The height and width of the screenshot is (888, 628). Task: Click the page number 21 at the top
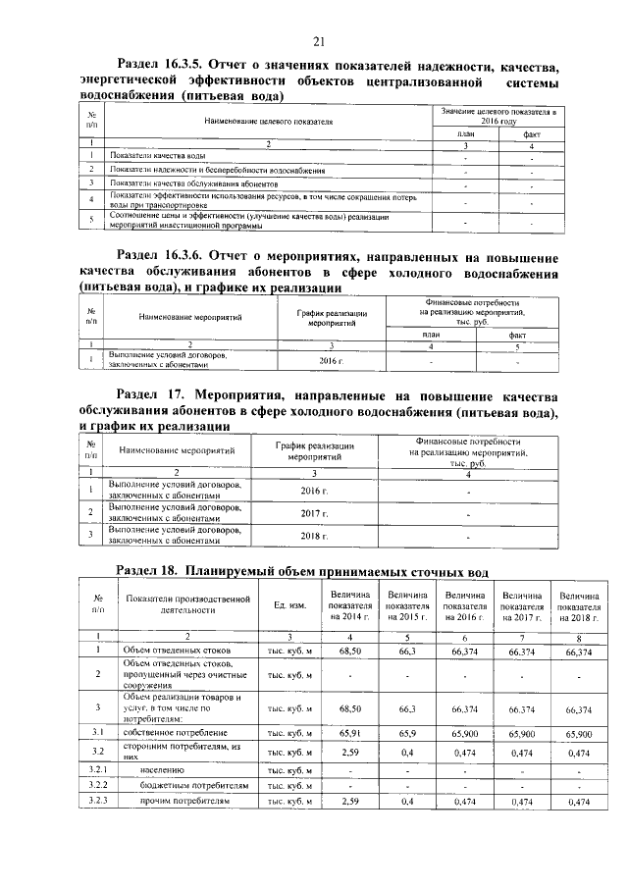[318, 41]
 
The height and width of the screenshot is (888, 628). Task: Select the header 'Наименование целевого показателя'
[269, 122]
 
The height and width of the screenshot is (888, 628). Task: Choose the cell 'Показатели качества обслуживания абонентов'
[195, 183]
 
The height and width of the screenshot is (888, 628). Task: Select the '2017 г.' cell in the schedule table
[312, 513]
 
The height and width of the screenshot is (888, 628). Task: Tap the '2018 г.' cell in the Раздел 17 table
[312, 536]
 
